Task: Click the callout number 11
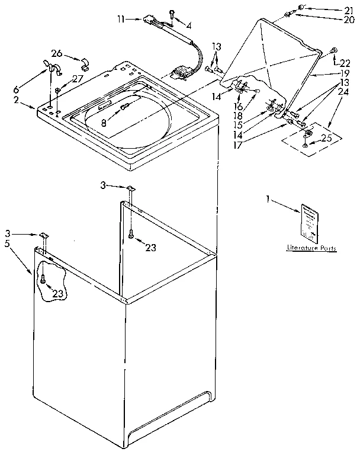tap(121, 19)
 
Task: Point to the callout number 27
tap(78, 79)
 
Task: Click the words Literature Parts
tap(311, 248)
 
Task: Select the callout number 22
tap(346, 63)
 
